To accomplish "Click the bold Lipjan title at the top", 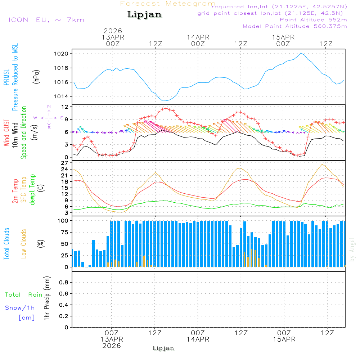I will click(144, 15).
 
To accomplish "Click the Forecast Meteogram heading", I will click(168, 4).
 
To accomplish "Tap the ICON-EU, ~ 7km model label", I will click(46, 20).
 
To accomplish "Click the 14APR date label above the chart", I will click(198, 37).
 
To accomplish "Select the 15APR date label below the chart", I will click(284, 339).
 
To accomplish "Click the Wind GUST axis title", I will click(7, 134).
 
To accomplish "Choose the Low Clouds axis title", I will click(24, 243).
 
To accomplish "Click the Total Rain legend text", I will click(23, 295).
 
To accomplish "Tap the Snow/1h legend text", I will click(20, 308).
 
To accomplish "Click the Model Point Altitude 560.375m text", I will click(295, 26).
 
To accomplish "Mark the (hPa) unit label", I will click(36, 76).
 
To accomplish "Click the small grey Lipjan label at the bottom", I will click(163, 348).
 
